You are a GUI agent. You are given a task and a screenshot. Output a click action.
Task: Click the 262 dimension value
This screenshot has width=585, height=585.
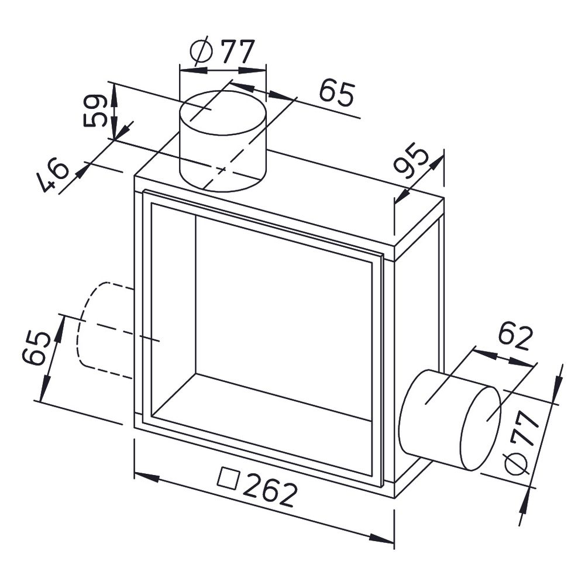270,490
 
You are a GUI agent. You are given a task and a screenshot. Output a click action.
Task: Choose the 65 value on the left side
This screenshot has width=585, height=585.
36,348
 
